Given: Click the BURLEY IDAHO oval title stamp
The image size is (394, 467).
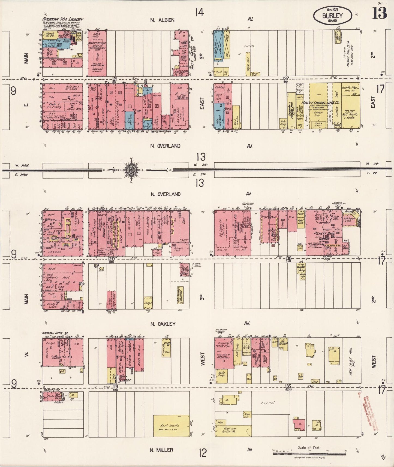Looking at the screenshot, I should coord(332,16).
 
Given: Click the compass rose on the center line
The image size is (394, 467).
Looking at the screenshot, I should coord(131,170).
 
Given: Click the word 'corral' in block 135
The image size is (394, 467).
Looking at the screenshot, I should coord(267,403).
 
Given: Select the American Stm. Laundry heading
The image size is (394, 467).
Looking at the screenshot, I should coord(62,19).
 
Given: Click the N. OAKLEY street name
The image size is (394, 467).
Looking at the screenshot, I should coord(163,324).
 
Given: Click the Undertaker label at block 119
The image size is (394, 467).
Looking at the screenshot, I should coord(52,390).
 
